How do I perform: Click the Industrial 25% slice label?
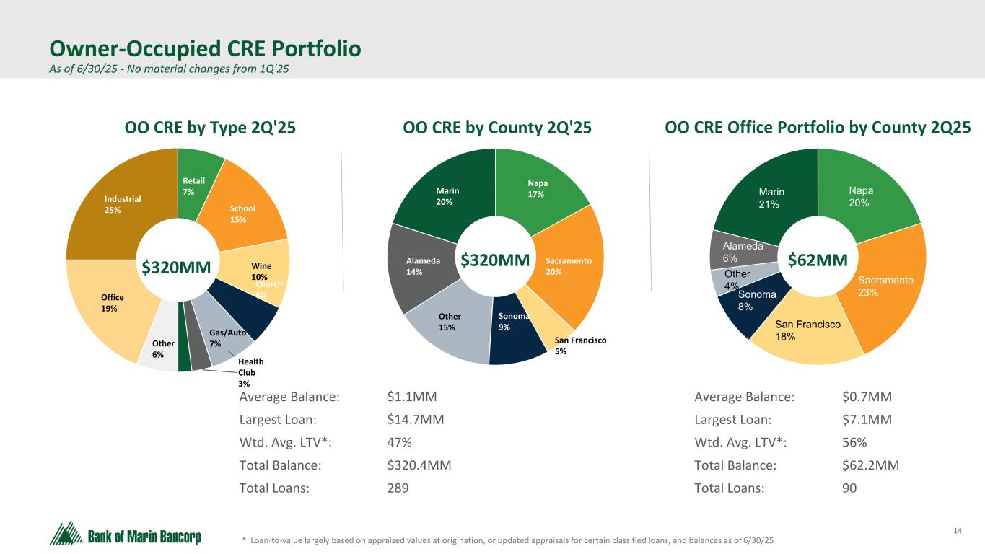122,204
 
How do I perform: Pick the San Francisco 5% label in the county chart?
580,346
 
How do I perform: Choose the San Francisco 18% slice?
808,332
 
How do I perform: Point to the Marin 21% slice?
772,198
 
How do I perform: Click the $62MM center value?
817,260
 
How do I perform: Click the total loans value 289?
398,488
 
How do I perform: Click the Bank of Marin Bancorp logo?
126,535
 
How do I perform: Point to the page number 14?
958,532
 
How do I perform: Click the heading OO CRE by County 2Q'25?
497,128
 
